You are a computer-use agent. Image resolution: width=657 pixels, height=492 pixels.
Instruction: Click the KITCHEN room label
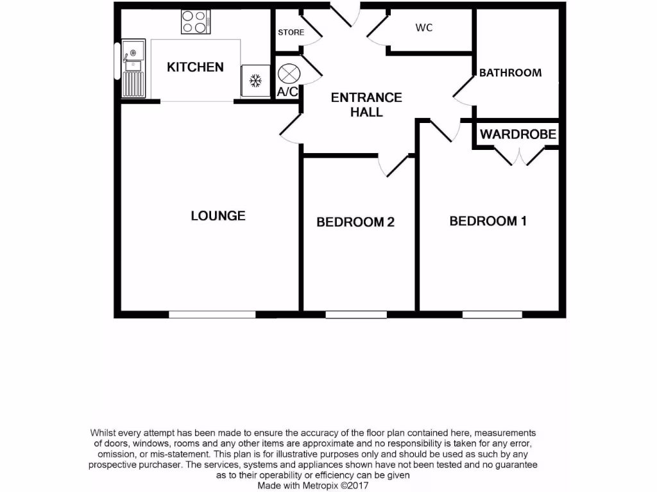[x=195, y=67]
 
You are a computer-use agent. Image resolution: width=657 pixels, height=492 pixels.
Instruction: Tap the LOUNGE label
[x=218, y=216]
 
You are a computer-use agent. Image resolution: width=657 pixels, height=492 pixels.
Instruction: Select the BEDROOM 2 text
[x=355, y=222]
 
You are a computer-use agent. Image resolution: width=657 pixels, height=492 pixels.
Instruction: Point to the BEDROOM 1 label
[x=488, y=221]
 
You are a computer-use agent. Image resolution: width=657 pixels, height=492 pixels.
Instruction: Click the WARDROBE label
[x=518, y=135]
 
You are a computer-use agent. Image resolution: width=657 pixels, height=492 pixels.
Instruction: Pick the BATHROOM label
[x=510, y=73]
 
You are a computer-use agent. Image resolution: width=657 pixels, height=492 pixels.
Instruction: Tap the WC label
[x=423, y=28]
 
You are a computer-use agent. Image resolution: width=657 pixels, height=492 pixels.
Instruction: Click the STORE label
[x=291, y=33]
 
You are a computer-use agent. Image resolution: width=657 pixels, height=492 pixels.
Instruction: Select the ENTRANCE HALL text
[x=366, y=104]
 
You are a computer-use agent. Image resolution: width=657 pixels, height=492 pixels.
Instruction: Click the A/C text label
[x=287, y=92]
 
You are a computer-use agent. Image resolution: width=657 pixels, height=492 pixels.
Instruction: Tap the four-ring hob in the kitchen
[x=196, y=22]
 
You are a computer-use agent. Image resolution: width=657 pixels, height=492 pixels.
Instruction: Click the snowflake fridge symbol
[x=255, y=81]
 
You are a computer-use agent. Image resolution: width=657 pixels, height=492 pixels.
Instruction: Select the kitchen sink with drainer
[x=133, y=67]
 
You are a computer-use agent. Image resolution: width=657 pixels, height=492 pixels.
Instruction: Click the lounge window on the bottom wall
[x=212, y=315]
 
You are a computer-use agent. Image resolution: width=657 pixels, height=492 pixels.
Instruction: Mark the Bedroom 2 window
[x=356, y=315]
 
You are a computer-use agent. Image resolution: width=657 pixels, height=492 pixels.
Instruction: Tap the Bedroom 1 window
[x=492, y=315]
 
